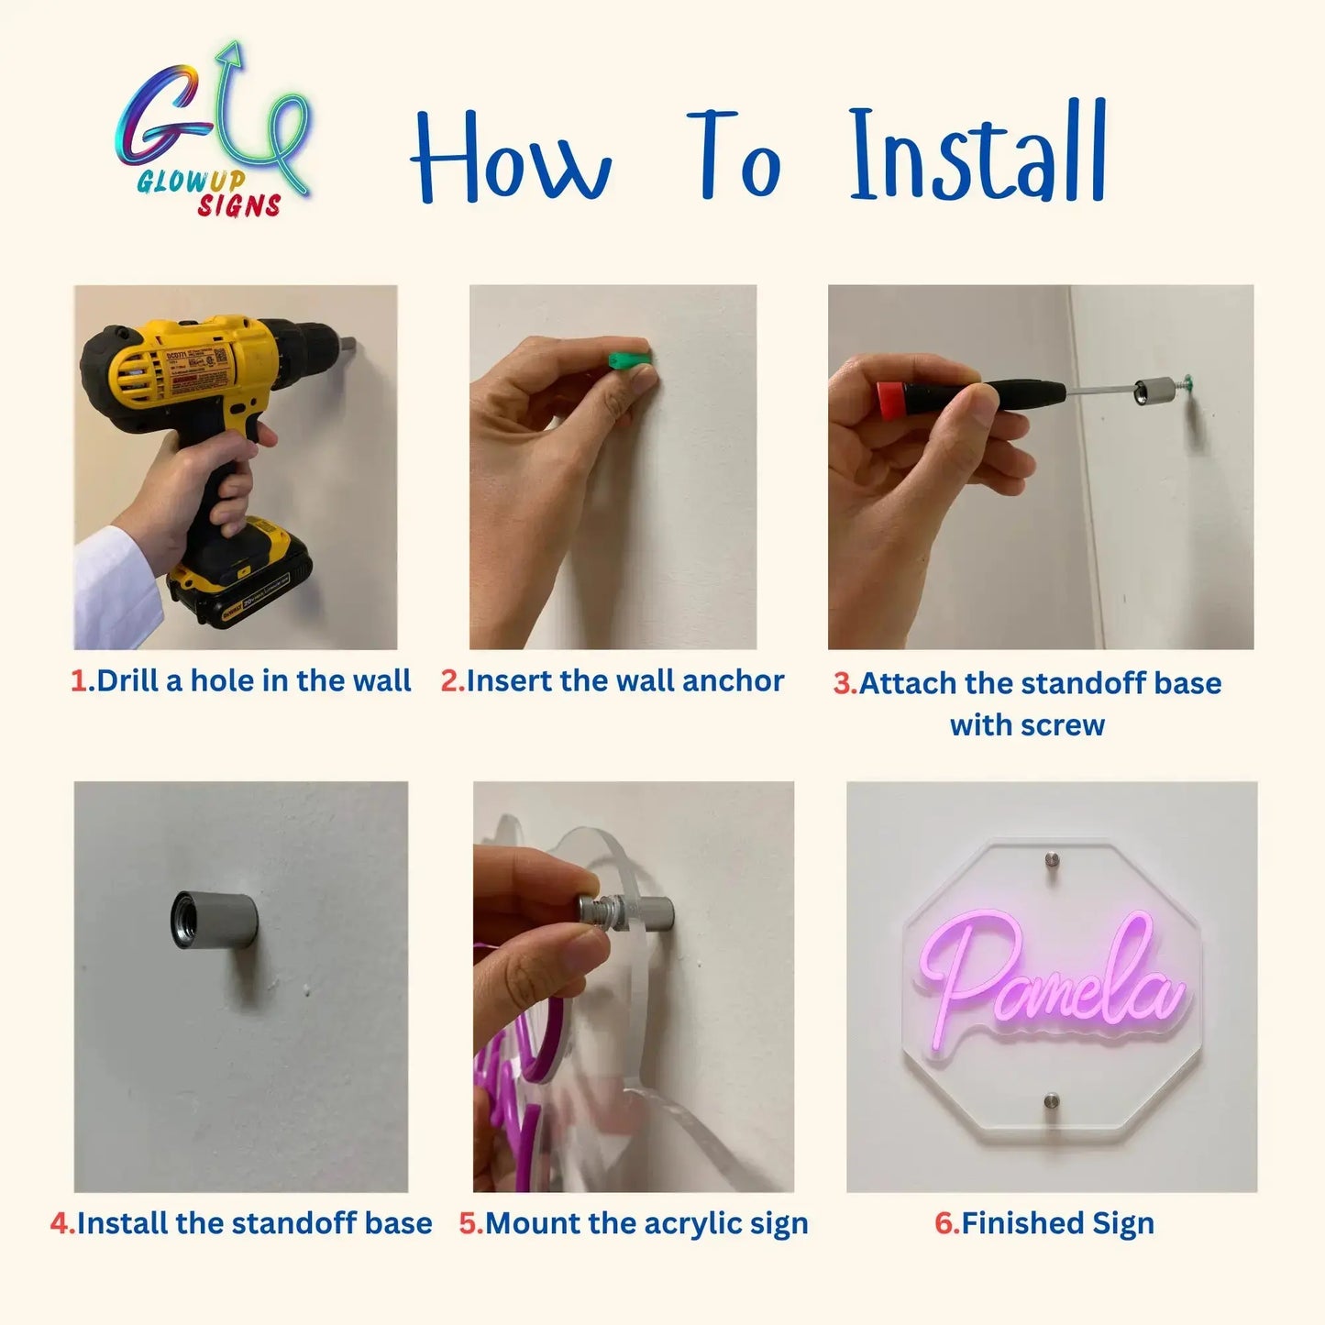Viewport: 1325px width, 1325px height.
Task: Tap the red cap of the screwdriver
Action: point(888,397)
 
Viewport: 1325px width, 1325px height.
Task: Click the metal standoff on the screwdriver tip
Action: point(1150,392)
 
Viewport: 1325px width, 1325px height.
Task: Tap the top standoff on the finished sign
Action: point(1052,861)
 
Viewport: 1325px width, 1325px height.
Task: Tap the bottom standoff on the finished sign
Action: point(1052,1100)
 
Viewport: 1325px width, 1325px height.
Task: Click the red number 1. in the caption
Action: point(83,681)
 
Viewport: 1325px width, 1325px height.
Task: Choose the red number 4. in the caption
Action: point(62,1223)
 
